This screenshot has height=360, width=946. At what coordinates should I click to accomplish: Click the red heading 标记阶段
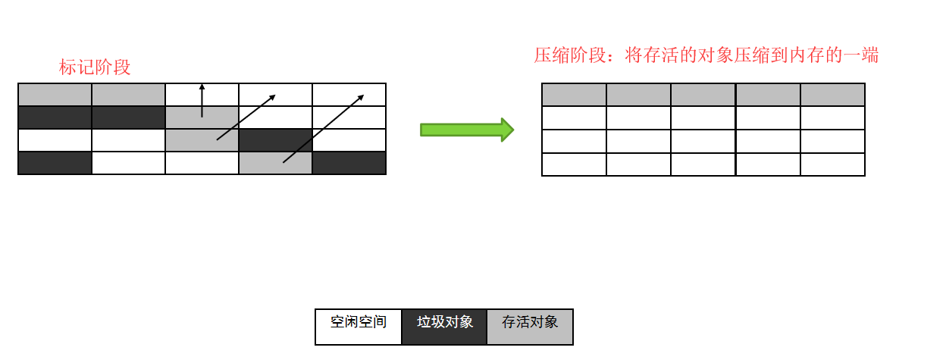tap(95, 67)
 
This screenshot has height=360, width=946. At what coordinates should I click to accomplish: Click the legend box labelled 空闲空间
tap(359, 326)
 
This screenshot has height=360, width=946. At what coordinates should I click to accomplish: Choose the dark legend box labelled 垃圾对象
tap(444, 326)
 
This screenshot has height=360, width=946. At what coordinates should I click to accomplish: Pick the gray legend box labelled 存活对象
tap(530, 326)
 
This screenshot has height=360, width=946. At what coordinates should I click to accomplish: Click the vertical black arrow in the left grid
tap(202, 100)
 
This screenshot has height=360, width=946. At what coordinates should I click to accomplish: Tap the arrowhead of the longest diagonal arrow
tap(361, 97)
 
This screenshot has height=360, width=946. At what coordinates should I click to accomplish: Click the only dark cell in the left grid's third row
tap(275, 140)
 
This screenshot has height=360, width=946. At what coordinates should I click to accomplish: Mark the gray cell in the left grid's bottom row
tap(275, 163)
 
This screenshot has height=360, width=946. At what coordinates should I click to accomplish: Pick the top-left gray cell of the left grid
tap(55, 95)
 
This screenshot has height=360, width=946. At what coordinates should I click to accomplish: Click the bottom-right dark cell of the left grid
tap(349, 163)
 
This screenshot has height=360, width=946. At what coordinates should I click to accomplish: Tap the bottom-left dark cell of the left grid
tap(55, 163)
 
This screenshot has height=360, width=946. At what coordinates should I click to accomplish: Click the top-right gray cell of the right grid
tap(832, 95)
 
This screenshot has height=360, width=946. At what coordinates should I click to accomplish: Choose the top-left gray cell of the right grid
tap(574, 95)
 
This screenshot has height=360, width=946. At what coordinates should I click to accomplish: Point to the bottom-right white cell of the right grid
tap(832, 164)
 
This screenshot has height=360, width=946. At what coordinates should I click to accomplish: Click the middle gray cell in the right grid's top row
tap(703, 95)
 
